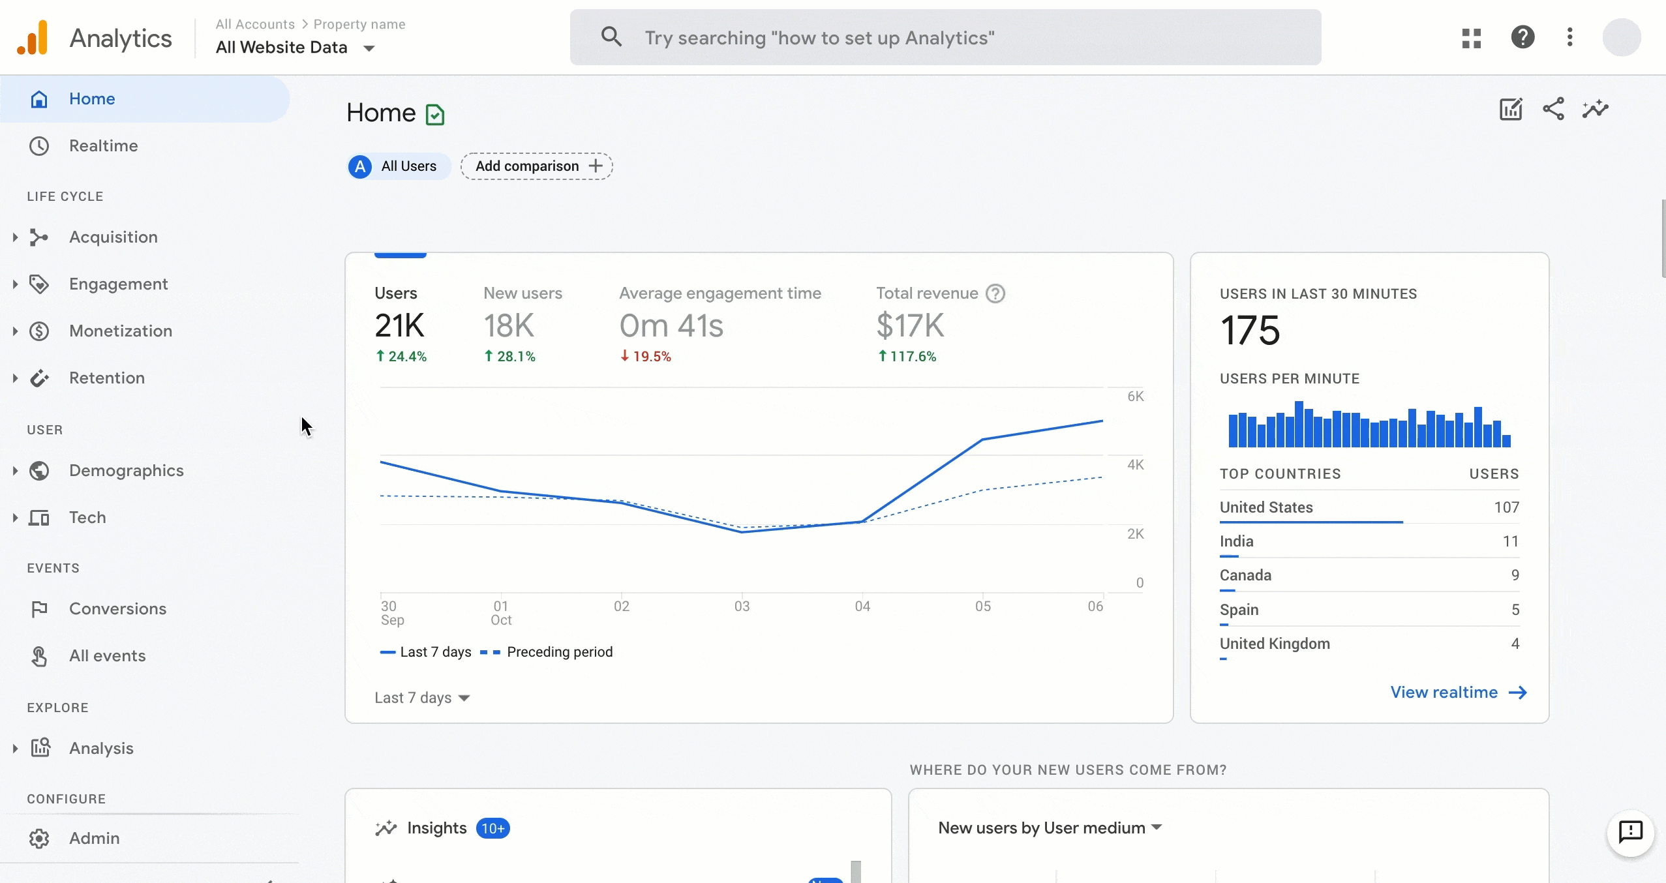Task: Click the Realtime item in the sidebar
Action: coord(103,145)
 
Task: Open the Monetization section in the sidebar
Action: coord(121,331)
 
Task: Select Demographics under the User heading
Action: coord(126,470)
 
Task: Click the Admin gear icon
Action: coord(39,838)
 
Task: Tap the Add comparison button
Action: coord(536,166)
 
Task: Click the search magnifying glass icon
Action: coord(611,37)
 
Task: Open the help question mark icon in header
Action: coord(1522,37)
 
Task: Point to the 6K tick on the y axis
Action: coord(1135,397)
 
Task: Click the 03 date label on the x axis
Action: coord(742,606)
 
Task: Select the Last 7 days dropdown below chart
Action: coord(422,698)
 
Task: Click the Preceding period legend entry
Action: coord(559,652)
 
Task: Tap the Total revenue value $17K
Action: coord(910,325)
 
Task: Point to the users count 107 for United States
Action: coord(1506,507)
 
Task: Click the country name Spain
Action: coord(1239,610)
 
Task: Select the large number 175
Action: coord(1250,330)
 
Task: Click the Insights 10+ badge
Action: coord(492,828)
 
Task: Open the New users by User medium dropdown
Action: coord(1050,828)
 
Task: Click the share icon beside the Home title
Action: coord(1553,109)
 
